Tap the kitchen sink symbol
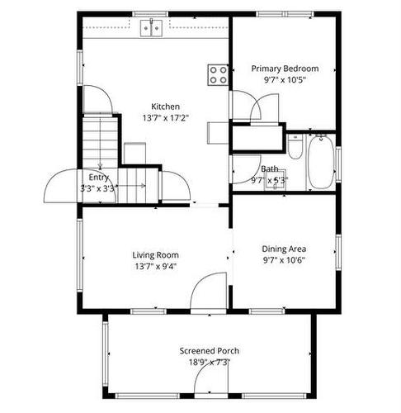(x=150, y=29)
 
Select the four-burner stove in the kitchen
(x=219, y=75)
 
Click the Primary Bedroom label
(x=285, y=69)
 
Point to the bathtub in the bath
(x=319, y=162)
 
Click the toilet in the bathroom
(x=295, y=147)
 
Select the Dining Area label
(x=285, y=249)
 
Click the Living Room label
(x=156, y=255)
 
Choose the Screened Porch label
(x=210, y=351)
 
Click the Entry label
(x=98, y=177)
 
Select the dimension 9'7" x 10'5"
(x=285, y=80)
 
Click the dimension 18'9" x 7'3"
(x=210, y=362)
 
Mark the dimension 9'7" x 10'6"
(x=285, y=260)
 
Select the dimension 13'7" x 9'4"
(x=156, y=267)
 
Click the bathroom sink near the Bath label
(x=272, y=183)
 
